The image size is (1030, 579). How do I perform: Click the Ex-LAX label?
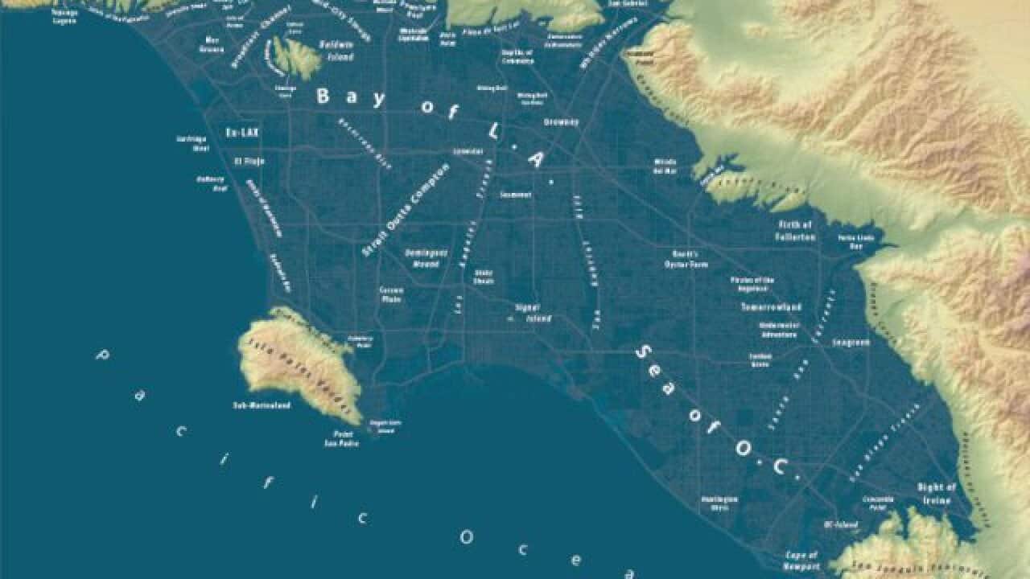241,132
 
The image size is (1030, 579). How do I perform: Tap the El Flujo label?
249,161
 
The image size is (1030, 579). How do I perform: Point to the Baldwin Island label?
336,50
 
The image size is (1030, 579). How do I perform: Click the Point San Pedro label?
342,439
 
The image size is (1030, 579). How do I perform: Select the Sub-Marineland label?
262,404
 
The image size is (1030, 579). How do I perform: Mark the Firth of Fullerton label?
797,231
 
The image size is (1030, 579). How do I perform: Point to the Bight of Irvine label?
936,494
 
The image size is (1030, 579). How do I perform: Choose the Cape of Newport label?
801,560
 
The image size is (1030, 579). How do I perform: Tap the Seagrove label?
851,342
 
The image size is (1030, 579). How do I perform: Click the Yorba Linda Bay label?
855,242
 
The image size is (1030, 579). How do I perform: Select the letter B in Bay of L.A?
323,96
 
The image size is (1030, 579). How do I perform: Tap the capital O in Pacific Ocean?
466,536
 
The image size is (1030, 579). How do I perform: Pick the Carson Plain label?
391,294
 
